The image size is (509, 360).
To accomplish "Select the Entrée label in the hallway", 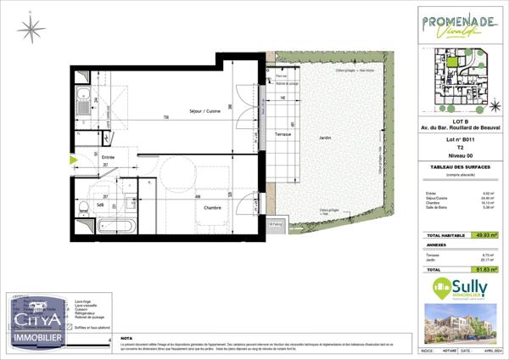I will pyautogui.click(x=108, y=157).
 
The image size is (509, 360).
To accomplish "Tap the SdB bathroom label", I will pyautogui.click(x=99, y=205).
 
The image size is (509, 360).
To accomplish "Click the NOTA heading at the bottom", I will pyautogui.click(x=127, y=337).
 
